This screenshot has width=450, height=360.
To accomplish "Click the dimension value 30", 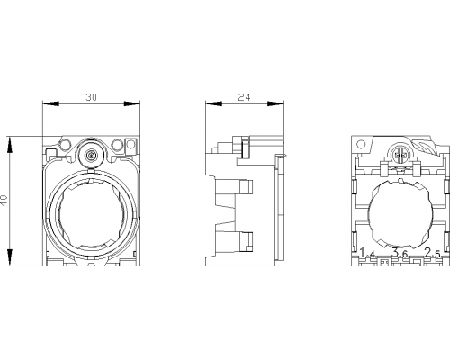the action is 92,97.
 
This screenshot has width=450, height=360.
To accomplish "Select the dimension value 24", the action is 244,97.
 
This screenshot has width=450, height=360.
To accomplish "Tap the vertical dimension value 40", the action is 4,200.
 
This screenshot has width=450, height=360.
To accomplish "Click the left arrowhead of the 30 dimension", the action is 50,103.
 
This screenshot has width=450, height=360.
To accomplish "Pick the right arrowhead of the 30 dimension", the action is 132,103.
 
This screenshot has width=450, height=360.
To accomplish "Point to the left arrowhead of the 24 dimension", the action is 213,103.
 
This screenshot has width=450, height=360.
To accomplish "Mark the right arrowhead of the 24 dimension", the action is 275,103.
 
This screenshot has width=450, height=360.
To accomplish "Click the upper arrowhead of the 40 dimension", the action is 10,146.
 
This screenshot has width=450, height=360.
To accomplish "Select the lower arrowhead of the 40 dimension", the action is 10,257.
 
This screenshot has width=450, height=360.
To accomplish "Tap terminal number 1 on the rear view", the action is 363,253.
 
